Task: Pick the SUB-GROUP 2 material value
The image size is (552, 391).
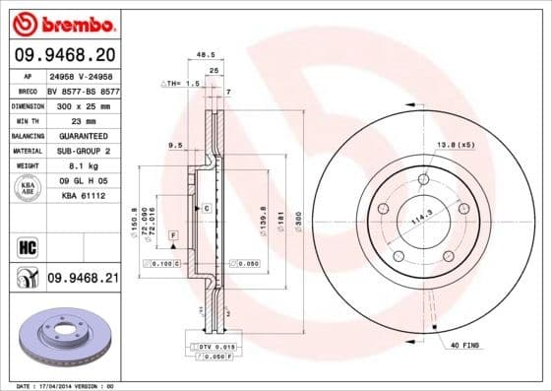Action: [x=83, y=151]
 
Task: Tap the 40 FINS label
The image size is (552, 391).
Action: [x=463, y=345]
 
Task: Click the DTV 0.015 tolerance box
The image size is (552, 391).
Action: [x=215, y=348]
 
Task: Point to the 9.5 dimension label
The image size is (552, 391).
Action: [x=175, y=145]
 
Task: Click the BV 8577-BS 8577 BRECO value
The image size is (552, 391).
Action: [x=83, y=89]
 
